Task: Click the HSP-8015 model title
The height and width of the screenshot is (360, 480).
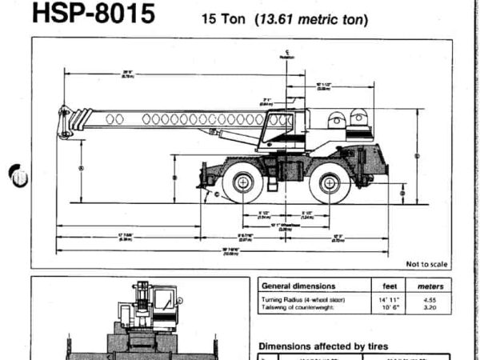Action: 92,14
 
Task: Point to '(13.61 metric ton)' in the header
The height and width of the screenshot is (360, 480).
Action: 299,18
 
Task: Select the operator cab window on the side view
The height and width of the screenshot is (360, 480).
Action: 281,128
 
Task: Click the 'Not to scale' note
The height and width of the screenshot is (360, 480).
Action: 427,263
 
